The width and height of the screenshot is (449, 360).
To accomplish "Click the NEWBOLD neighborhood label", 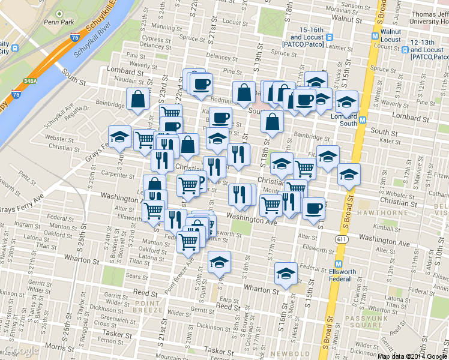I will (x=288, y=353).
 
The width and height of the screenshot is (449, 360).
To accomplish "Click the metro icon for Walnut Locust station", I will (x=375, y=35).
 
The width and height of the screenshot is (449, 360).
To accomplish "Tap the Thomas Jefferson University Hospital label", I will (x=427, y=17).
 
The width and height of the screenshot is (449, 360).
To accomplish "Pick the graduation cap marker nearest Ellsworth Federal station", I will (x=286, y=273).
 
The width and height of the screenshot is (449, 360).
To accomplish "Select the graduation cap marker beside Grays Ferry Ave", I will (x=119, y=136).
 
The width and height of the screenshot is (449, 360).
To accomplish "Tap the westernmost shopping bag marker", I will (x=138, y=99).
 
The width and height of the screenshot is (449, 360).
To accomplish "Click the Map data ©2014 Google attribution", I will (x=412, y=356).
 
